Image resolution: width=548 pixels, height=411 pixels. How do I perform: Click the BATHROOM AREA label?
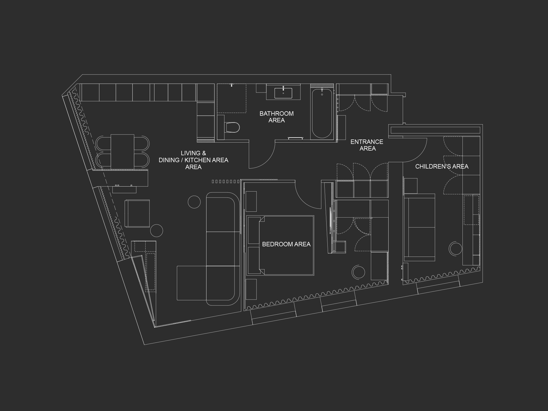[276, 117]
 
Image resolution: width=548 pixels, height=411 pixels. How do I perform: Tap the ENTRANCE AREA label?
[367, 145]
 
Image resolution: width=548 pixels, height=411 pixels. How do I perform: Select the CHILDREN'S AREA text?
[442, 166]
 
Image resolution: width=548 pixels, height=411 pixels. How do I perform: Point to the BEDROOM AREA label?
[286, 244]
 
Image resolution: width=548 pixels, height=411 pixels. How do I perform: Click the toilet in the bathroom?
[232, 128]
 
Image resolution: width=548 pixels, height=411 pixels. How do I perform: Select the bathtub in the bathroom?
[322, 113]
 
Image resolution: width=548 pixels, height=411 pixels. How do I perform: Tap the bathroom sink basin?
[283, 93]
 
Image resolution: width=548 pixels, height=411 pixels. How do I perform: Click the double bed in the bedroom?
[280, 245]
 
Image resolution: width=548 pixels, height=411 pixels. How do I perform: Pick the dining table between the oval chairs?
[122, 151]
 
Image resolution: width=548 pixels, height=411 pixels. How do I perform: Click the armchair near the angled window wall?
[137, 213]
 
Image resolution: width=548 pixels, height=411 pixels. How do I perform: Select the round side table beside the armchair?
[156, 231]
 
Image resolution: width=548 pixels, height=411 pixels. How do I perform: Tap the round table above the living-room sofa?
[194, 202]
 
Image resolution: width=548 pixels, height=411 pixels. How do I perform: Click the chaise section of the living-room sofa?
[192, 283]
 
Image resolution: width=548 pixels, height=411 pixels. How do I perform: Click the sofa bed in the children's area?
[419, 227]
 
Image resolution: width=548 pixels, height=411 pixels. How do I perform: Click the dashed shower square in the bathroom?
[232, 98]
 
